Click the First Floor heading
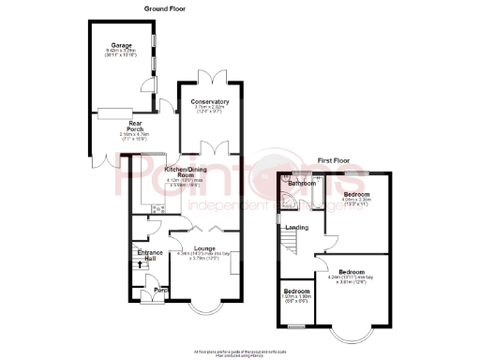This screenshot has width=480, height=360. [x=336, y=160]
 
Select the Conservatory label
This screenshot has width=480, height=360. [x=210, y=101]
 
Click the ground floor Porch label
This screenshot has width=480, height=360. [x=159, y=291]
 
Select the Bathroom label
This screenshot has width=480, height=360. [x=302, y=184]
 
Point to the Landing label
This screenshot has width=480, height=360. [x=297, y=228]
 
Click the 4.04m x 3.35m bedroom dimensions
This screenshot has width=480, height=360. [x=357, y=201]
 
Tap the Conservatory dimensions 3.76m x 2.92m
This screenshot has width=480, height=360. [x=210, y=108]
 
